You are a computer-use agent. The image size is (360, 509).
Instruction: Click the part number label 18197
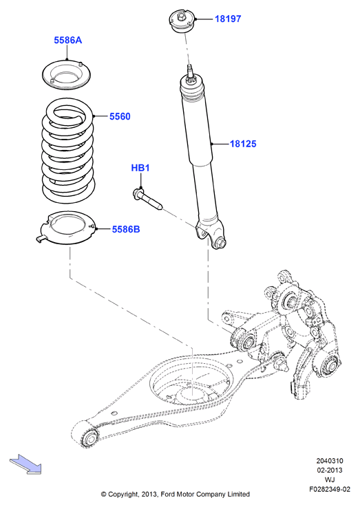pyautogui.click(x=228, y=19)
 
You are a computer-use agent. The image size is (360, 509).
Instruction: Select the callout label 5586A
pyautogui.click(x=68, y=41)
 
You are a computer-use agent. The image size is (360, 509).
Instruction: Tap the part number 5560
pyautogui.click(x=120, y=116)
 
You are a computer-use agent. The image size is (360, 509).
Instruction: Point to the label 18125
pyautogui.click(x=243, y=144)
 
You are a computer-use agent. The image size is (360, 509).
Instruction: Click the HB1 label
pyautogui.click(x=140, y=168)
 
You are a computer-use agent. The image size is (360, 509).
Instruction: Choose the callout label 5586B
pyautogui.click(x=126, y=229)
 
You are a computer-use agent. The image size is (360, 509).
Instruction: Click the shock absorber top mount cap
pyautogui.click(x=182, y=21)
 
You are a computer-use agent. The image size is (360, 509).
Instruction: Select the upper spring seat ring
pyautogui.click(x=67, y=75)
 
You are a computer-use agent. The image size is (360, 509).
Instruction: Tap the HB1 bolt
pyautogui.click(x=147, y=199)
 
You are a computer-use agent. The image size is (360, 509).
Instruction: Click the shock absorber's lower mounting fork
pyautogui.click(x=211, y=234)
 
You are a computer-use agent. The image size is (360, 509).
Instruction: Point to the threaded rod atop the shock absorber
pyautogui.click(x=190, y=73)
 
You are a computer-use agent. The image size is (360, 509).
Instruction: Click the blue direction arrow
pyautogui.click(x=25, y=464)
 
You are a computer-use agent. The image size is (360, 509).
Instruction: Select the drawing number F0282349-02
pyautogui.click(x=330, y=489)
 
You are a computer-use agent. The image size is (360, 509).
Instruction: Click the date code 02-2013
pyautogui.click(x=330, y=470)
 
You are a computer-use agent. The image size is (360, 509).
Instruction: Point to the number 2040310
pyautogui.click(x=330, y=461)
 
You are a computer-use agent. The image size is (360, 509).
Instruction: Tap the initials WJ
pyautogui.click(x=330, y=479)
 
